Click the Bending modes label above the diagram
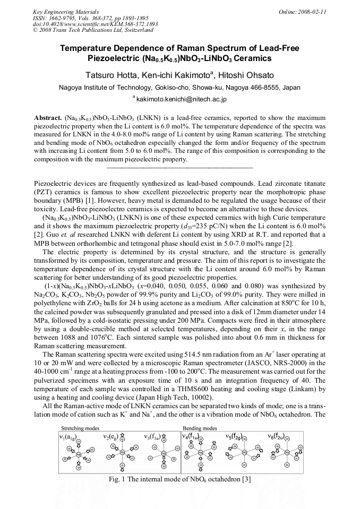pyautogui.click(x=200, y=428)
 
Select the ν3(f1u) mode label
pyautogui.click(x=154, y=436)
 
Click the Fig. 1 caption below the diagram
pyautogui.click(x=180, y=479)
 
